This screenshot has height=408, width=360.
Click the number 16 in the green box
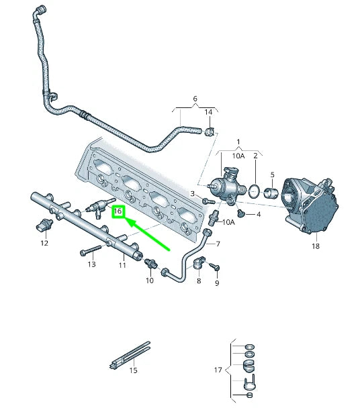coord(118,211)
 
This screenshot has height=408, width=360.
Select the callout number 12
coord(44,243)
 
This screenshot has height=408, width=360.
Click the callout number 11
coord(122,266)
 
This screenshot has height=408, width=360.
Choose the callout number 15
coord(132,370)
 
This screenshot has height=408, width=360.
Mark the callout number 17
coord(218,370)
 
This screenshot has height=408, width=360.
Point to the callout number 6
coord(195,99)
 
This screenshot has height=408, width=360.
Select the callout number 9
coord(217,283)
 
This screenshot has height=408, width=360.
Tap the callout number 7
coord(217,244)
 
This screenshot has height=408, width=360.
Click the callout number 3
coord(191,194)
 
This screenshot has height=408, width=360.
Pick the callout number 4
coord(259,215)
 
